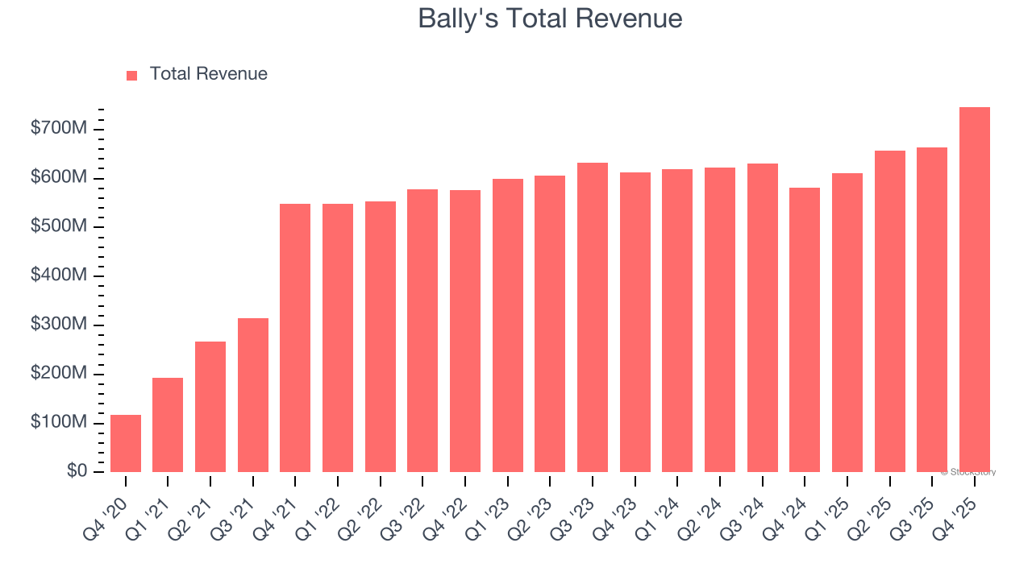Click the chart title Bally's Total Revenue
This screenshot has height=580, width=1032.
[550, 19]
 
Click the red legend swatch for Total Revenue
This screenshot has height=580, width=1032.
[132, 75]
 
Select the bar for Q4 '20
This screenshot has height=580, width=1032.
[126, 443]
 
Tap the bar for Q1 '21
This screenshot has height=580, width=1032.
[168, 425]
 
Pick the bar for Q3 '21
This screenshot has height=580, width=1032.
[253, 395]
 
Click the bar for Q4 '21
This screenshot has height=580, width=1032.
[295, 338]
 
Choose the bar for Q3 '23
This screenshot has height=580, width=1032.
[593, 317]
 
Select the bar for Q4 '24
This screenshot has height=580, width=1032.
[805, 329]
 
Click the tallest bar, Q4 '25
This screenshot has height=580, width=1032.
[975, 289]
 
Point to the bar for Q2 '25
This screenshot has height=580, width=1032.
[889, 311]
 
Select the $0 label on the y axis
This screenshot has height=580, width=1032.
[77, 471]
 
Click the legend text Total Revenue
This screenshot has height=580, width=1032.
[208, 74]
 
